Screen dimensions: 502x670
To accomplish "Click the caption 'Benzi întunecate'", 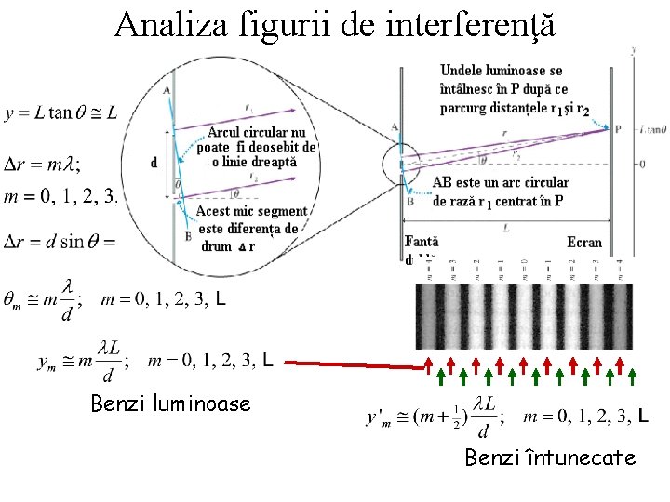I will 551,457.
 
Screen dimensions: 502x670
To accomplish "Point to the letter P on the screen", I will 618,129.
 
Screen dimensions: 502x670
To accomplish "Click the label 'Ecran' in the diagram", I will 584,242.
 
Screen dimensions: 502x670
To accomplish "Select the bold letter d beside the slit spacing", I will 154,163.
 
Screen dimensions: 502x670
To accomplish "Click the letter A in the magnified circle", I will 166,89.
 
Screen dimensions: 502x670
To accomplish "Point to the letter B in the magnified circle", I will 188,235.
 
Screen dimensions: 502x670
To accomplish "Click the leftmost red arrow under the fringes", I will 430,363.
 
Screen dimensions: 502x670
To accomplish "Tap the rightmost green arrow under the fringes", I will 632,376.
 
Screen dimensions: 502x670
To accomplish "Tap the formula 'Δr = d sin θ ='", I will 59,241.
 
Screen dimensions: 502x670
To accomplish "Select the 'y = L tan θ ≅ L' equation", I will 61,113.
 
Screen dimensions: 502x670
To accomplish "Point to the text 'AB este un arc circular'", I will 501,183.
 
